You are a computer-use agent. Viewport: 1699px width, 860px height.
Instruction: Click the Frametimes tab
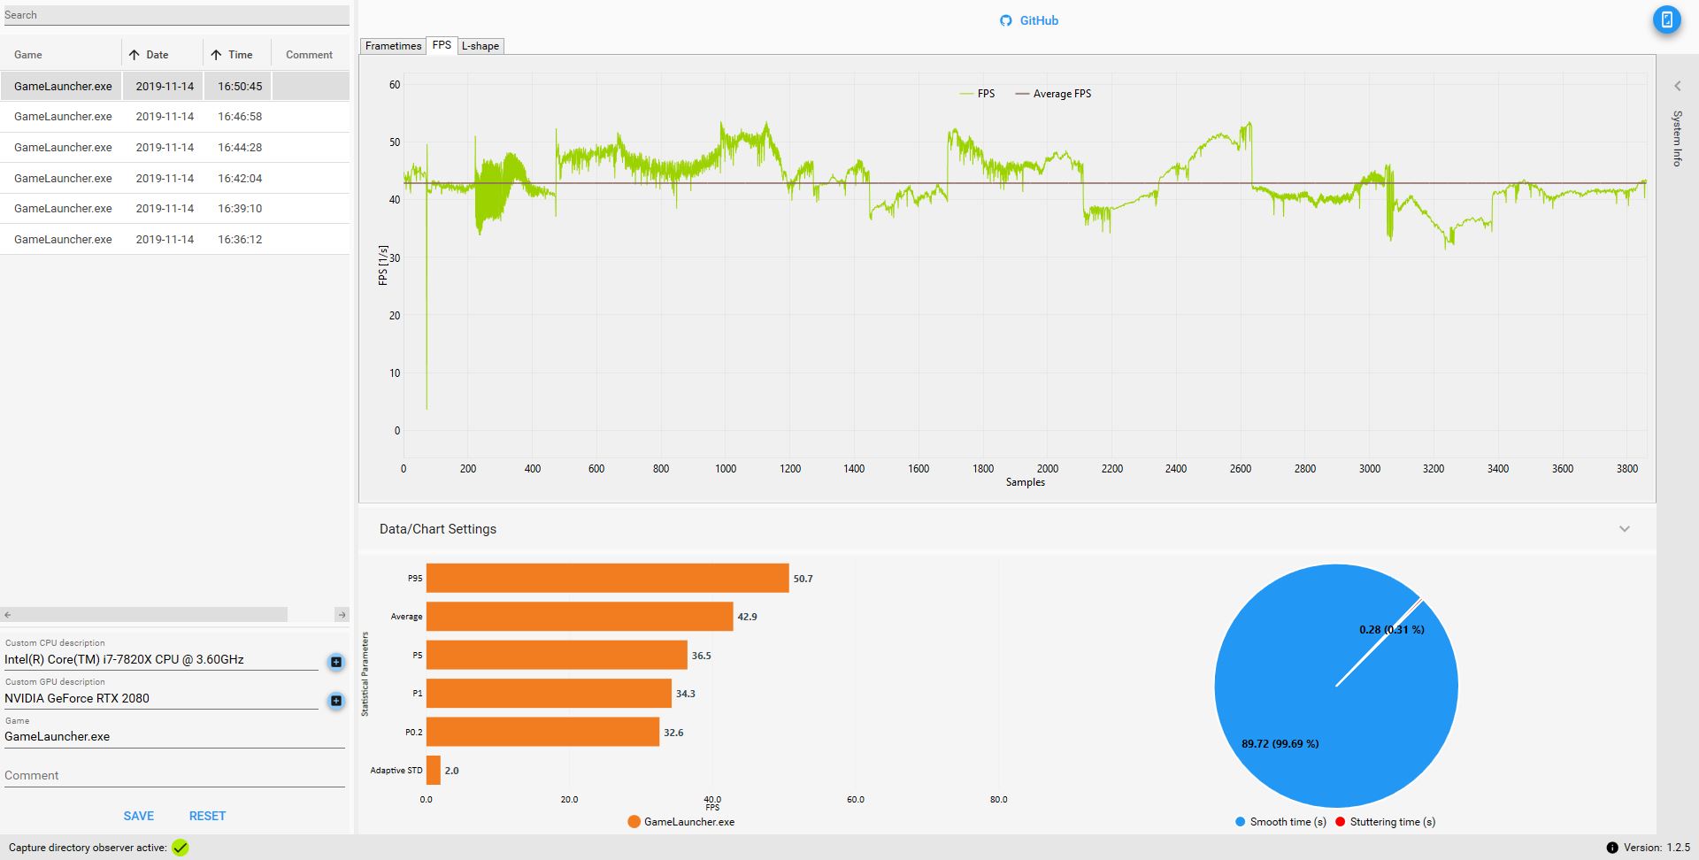point(393,46)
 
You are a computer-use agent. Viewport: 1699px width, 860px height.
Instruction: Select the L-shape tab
point(480,46)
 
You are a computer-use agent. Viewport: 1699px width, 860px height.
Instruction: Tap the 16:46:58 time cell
point(240,117)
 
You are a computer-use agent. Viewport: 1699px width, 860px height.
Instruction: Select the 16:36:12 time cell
point(240,240)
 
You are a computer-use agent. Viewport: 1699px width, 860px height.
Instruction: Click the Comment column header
point(309,55)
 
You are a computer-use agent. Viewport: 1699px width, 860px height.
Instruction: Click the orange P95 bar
point(607,579)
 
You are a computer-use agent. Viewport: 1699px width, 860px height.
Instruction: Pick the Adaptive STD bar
point(434,771)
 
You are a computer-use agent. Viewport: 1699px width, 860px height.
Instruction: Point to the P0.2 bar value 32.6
point(673,733)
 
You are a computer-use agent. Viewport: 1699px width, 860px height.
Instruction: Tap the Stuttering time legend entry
point(1386,822)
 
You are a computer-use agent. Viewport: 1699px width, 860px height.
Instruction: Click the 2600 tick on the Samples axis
point(1241,469)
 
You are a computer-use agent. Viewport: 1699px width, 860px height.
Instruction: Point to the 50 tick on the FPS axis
point(395,142)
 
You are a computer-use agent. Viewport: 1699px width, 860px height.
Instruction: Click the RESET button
point(207,816)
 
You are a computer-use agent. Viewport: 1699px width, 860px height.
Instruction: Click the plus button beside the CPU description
point(336,662)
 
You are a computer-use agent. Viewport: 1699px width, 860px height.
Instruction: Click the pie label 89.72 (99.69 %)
point(1280,744)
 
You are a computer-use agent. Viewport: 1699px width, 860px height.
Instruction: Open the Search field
point(175,15)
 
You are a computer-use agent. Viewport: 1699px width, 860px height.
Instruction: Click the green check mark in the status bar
point(181,848)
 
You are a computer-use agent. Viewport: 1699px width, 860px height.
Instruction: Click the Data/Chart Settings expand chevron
point(1625,529)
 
